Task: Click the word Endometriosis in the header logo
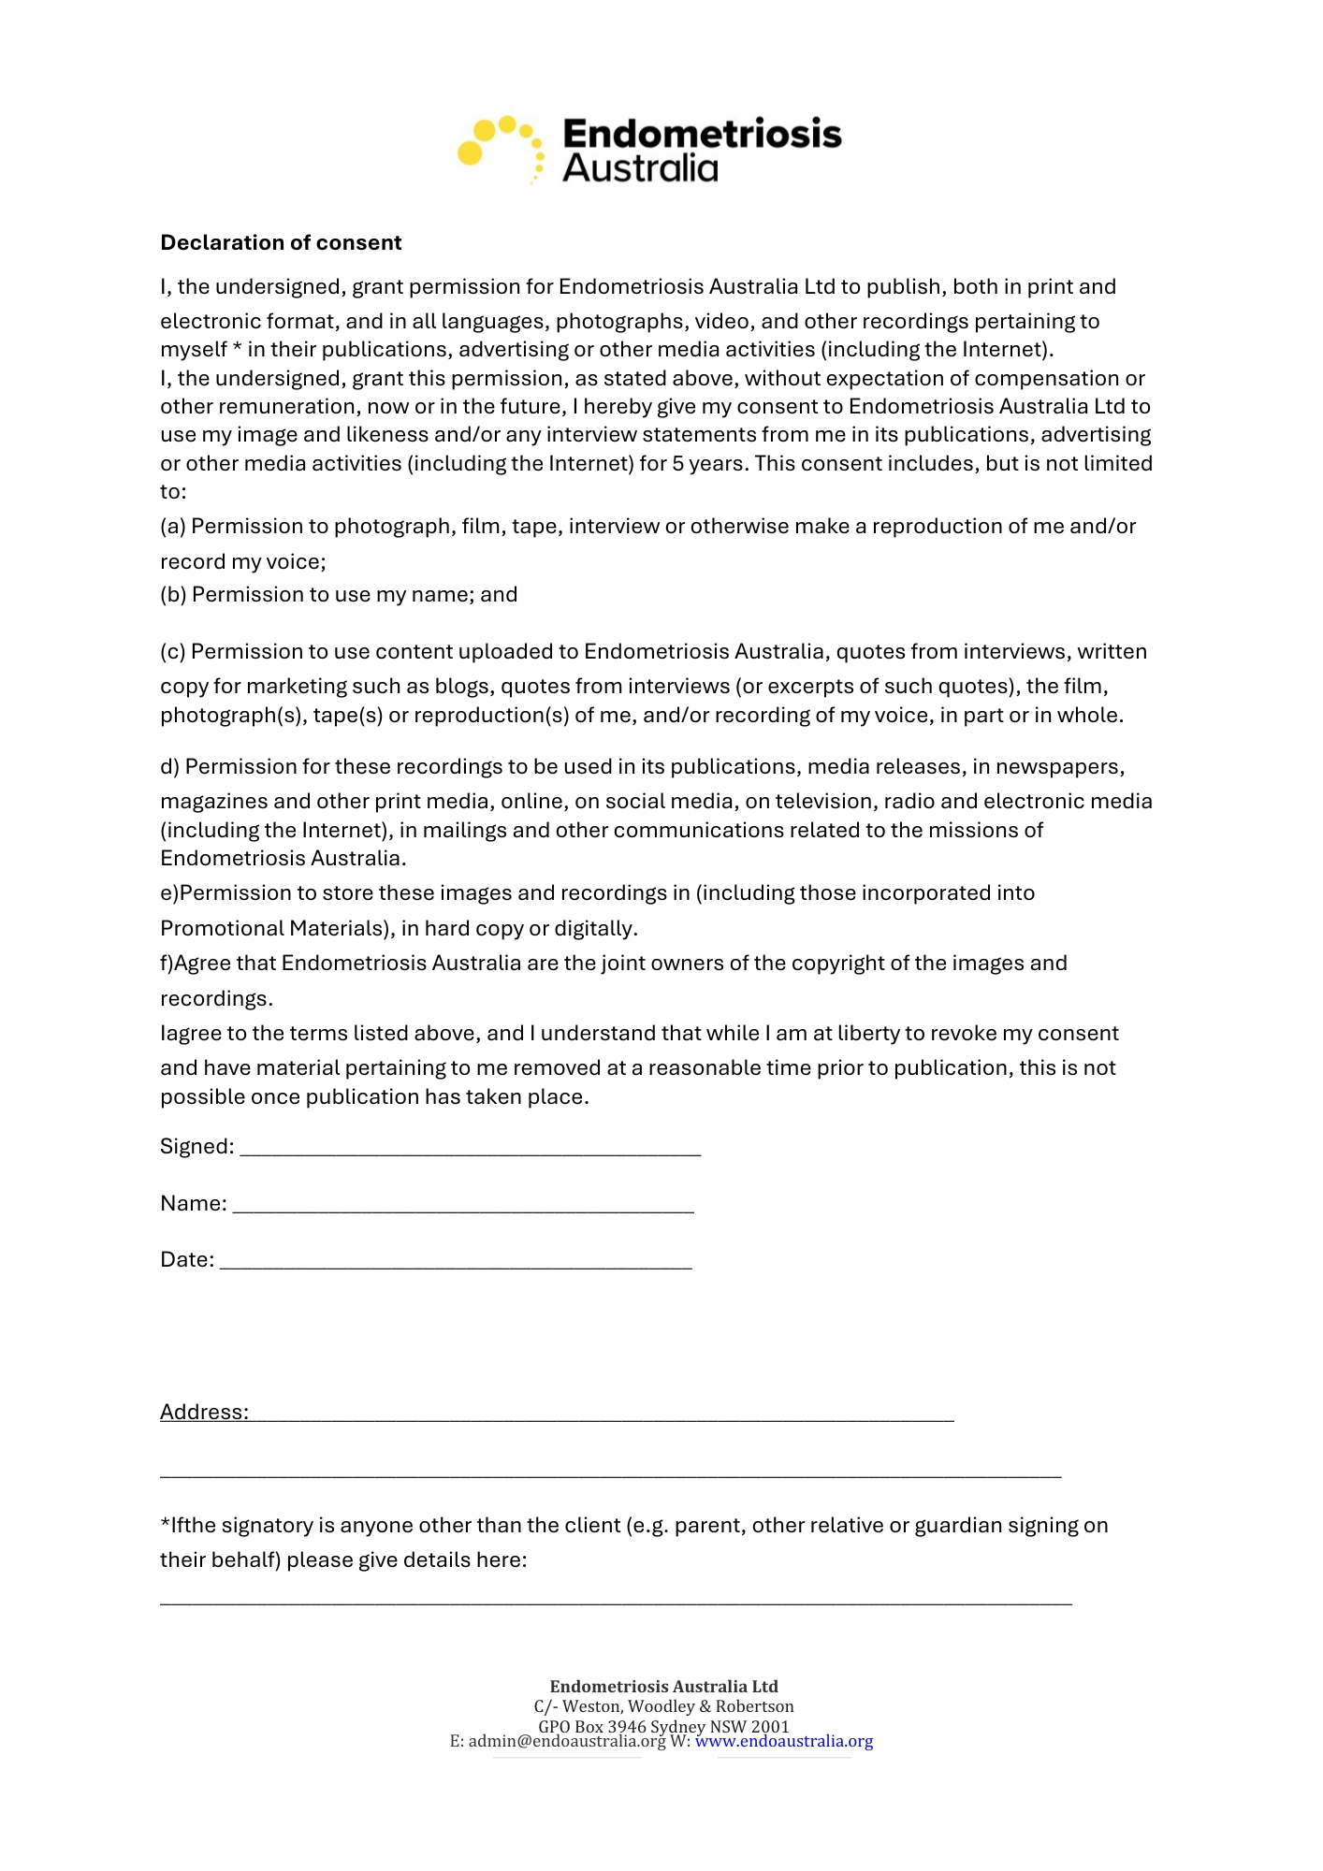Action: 702,134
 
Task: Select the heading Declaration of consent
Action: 281,243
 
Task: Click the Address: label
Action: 204,1412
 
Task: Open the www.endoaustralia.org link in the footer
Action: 784,1742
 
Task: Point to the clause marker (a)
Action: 173,527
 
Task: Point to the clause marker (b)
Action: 173,595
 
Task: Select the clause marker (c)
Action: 173,652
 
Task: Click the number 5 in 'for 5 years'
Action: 678,464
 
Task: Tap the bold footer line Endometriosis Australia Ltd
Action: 663,1687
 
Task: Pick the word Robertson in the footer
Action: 754,1706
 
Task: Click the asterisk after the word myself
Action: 238,348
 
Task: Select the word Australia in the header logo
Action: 640,168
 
